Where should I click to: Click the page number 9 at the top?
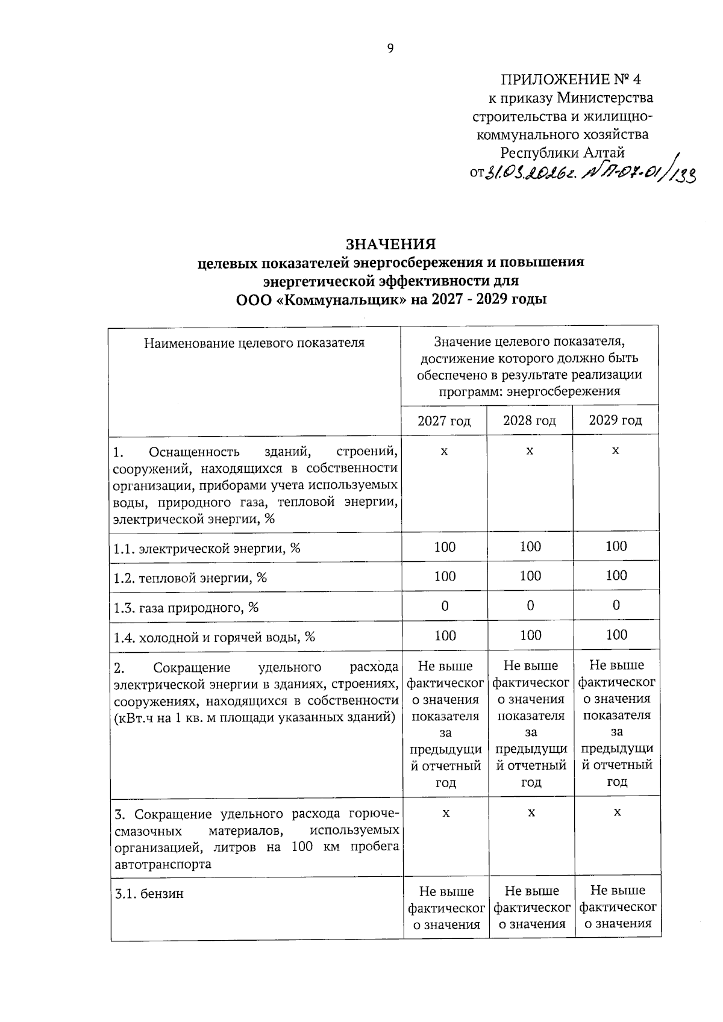(x=390, y=49)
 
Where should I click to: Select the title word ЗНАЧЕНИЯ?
(x=390, y=244)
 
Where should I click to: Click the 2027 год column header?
(x=444, y=420)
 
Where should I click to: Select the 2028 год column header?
(x=530, y=420)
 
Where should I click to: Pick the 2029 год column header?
(x=616, y=420)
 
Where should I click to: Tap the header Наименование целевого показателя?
(x=254, y=343)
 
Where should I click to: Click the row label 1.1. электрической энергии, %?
(x=207, y=549)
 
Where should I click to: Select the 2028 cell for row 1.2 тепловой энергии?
(x=530, y=576)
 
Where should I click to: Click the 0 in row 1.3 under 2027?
(x=445, y=606)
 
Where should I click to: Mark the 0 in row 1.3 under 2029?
(x=616, y=605)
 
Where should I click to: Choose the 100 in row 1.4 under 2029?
(x=616, y=635)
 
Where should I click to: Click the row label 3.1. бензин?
(x=149, y=894)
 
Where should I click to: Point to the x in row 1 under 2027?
(x=444, y=450)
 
